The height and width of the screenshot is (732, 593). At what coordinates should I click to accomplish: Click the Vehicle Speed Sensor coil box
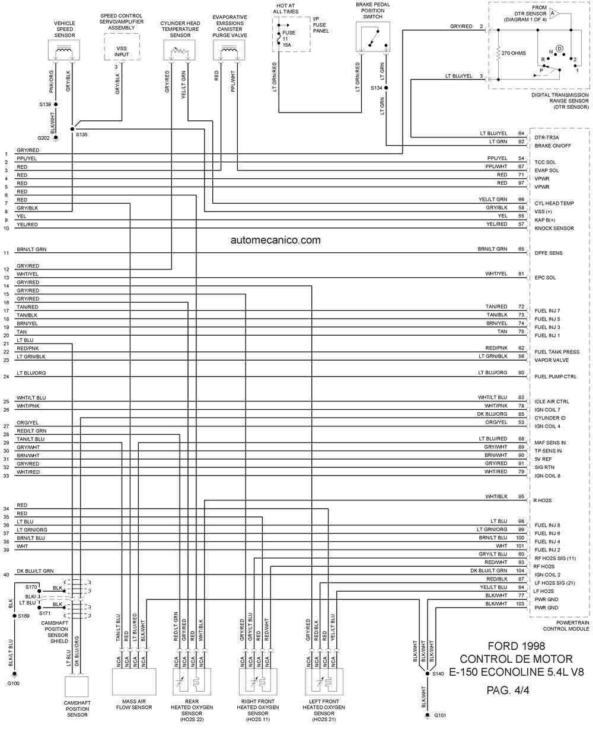click(x=64, y=50)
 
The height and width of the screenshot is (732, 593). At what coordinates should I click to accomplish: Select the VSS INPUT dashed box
click(x=122, y=47)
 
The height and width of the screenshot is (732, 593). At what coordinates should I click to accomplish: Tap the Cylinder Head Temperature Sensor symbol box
click(x=179, y=50)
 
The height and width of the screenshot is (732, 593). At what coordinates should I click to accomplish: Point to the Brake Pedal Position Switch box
click(x=373, y=37)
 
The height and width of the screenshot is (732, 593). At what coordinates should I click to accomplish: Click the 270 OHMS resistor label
click(x=514, y=53)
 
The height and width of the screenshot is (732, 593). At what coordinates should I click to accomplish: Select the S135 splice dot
click(x=72, y=129)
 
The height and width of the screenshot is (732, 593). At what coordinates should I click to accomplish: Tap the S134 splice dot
click(x=386, y=88)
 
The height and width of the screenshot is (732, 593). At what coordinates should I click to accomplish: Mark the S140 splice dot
click(x=428, y=673)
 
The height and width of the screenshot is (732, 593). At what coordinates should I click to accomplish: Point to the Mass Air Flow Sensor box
click(x=134, y=682)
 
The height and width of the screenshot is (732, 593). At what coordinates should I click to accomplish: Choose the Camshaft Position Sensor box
click(x=76, y=686)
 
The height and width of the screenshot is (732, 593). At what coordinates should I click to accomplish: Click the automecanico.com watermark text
click(x=275, y=240)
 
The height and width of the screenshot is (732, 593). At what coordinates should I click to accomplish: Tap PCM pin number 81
click(x=521, y=274)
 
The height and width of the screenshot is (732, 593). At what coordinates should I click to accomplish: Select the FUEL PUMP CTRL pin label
click(x=555, y=377)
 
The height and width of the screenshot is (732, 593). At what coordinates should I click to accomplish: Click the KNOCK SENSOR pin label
click(x=554, y=228)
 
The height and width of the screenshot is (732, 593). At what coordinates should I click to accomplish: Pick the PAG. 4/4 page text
click(x=508, y=690)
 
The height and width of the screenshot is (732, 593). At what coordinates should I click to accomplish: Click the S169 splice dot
click(x=14, y=615)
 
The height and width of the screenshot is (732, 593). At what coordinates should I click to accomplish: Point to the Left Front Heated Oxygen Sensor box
click(x=324, y=682)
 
